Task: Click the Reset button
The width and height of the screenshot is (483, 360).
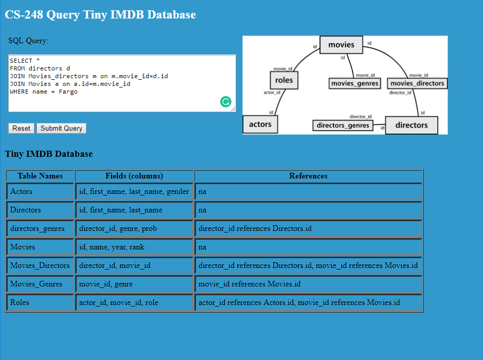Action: click(22, 128)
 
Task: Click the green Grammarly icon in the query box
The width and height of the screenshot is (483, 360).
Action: click(225, 102)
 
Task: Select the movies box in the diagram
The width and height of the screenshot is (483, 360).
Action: click(341, 45)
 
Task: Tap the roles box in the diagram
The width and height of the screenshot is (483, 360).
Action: click(284, 80)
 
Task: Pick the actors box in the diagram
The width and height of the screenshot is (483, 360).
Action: click(260, 124)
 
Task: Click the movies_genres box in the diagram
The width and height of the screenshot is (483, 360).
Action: click(354, 83)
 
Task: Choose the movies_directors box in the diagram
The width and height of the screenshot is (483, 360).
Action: click(417, 83)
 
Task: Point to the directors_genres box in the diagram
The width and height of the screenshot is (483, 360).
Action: click(343, 125)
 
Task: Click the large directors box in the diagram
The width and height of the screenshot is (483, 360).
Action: click(411, 125)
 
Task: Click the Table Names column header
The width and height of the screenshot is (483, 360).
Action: click(40, 176)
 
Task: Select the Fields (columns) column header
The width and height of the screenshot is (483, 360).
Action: click(134, 176)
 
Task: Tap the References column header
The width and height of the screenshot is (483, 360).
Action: click(308, 176)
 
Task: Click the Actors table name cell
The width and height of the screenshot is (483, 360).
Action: click(40, 191)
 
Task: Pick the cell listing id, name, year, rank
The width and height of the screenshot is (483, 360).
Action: click(134, 247)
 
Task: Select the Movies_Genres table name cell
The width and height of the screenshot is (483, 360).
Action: click(40, 284)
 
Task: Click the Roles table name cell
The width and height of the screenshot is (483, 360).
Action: click(40, 302)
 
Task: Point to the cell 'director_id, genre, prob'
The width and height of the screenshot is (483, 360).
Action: click(134, 228)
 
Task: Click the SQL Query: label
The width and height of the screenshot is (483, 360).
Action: click(28, 41)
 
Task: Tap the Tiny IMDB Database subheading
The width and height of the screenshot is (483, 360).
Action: click(49, 154)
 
